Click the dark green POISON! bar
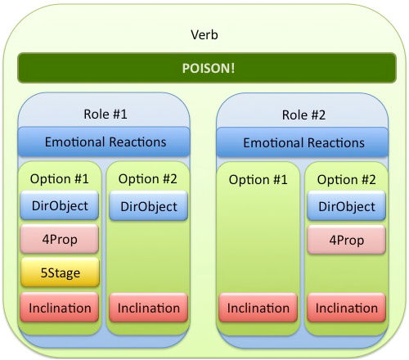pos(207,68)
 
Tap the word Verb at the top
pos(204,35)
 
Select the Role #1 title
pos(106,114)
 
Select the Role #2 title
pos(303,115)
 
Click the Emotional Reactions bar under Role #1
pos(104,142)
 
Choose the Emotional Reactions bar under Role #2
pos(302,142)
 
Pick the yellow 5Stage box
pos(60,272)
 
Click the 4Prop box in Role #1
pos(60,239)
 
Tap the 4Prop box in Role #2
pos(347,240)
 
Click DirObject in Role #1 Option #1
pos(60,205)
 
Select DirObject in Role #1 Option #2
pos(149,206)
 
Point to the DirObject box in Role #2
pos(347,206)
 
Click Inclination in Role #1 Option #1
pos(60,308)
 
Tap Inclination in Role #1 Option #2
pos(149,308)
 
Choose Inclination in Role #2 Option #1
pos(258,308)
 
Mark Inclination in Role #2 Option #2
pos(347,308)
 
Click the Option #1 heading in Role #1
pos(60,179)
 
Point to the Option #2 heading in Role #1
pos(148,179)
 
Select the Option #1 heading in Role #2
pos(258,180)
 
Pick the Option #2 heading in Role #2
pos(347,180)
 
